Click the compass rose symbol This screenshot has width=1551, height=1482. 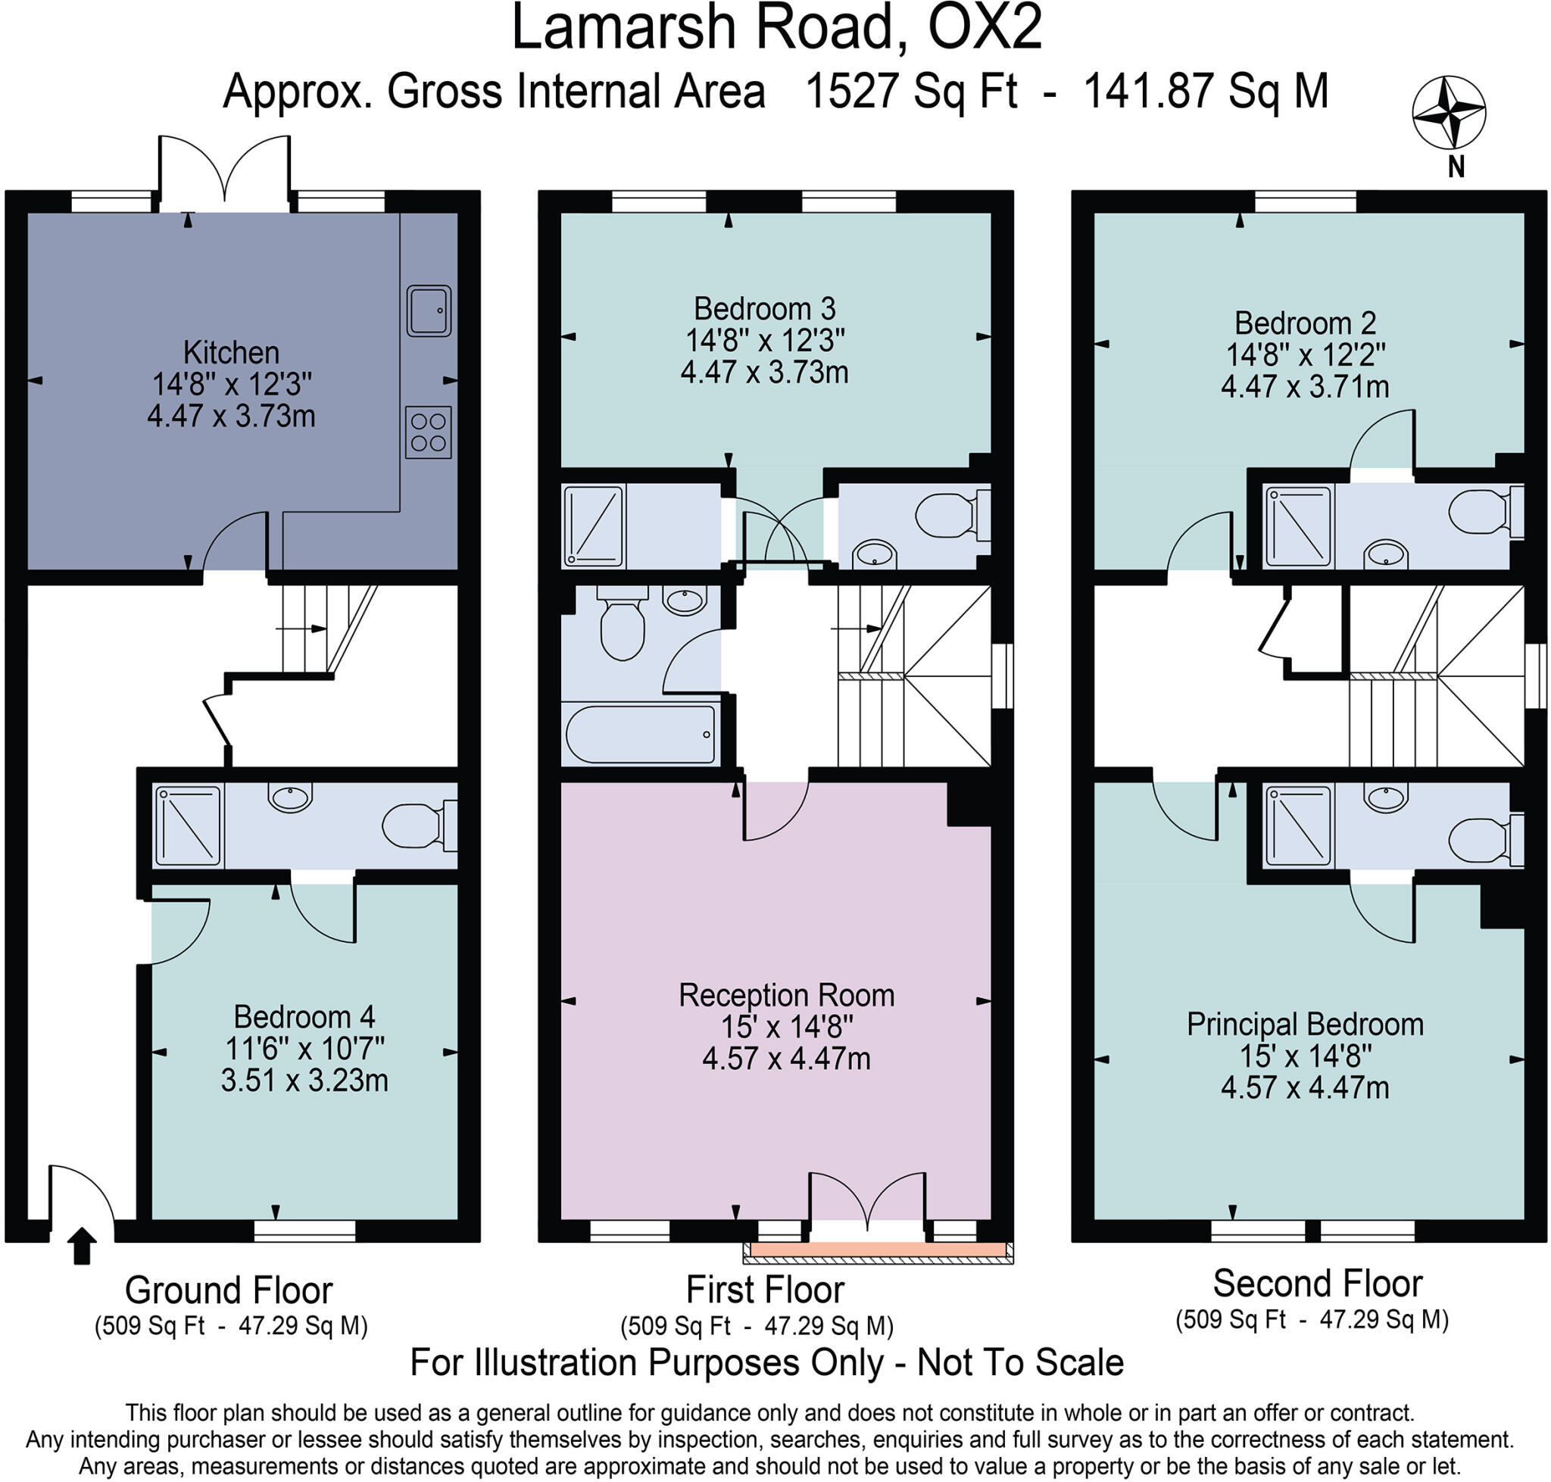coord(1448,113)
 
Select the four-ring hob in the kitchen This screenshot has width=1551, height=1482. coord(428,432)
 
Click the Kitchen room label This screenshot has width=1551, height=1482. coord(231,352)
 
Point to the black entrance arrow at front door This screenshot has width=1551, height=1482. coord(80,1246)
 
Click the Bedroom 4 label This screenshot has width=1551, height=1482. coord(304,1017)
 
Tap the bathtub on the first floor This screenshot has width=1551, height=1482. coord(640,734)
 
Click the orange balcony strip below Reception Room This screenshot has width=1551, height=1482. coord(877,1250)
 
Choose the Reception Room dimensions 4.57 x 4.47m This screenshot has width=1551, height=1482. coord(786,1059)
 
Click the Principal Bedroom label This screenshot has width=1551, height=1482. coord(1304,1025)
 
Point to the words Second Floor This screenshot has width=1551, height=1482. coord(1317,1283)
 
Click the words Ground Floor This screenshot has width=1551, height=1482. coord(229,1290)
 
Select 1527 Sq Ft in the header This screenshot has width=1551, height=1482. coord(910,92)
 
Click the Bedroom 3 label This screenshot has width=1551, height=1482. coord(764,308)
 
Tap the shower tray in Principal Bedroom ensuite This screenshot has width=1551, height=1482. coord(1298,826)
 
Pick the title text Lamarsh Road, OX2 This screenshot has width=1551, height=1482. coord(777,28)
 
